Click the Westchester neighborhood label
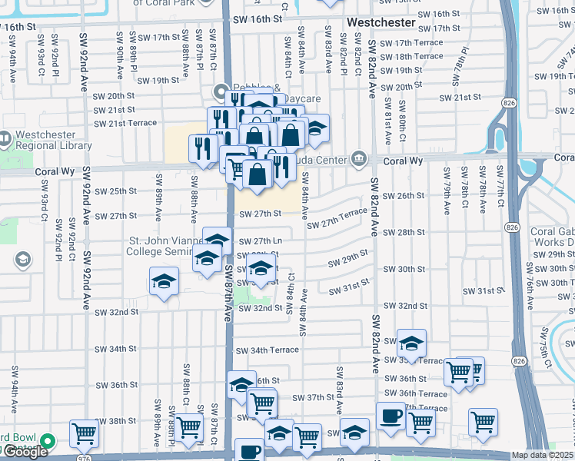coord(381,22)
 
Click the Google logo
coord(25,453)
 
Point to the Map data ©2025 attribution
coord(542,455)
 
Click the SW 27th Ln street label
coord(260,241)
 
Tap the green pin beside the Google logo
coord(48,442)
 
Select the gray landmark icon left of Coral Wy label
coord(357,159)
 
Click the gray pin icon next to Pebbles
coord(222,88)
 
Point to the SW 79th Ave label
coord(445,198)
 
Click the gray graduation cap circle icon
coord(22,258)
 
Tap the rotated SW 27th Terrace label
coord(337,217)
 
